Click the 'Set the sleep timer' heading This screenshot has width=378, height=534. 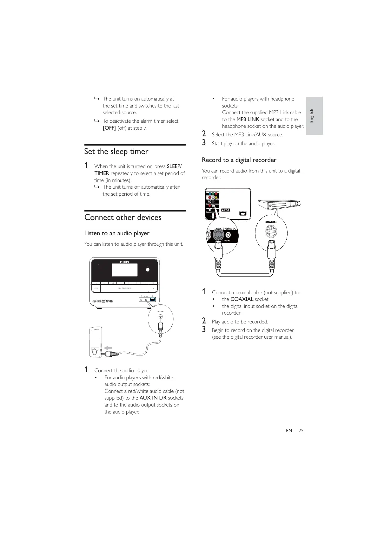tap(116, 152)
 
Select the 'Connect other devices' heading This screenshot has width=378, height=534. tap(123, 218)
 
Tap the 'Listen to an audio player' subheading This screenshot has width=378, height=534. tap(117, 233)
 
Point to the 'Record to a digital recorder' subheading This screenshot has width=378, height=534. tap(239, 160)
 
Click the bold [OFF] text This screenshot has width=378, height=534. tap(109, 128)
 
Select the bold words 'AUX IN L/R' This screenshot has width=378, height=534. tap(153, 398)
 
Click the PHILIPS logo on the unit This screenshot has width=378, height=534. tap(124, 262)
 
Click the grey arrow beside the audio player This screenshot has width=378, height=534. tap(108, 348)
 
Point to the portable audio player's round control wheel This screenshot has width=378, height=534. tap(94, 352)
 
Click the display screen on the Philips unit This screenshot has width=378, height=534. tap(124, 270)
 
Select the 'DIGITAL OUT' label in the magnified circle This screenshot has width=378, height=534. tap(229, 229)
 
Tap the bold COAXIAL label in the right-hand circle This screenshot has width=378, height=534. tap(271, 222)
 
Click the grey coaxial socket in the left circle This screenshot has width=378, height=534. tap(218, 235)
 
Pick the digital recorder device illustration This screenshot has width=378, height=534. tap(279, 205)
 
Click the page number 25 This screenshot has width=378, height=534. tap(301, 431)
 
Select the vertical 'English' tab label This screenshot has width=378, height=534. tap(312, 116)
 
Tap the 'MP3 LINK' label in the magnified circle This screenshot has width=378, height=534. tap(161, 311)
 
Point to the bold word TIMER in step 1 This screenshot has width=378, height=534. tap(102, 173)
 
